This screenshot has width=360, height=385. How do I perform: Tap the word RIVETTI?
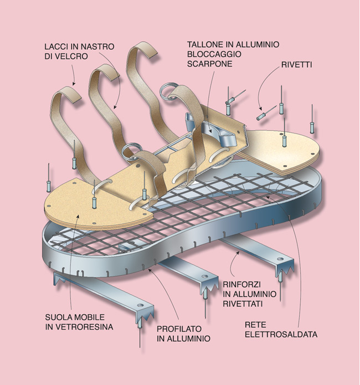tap(296, 65)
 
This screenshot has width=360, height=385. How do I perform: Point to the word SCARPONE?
tap(210, 64)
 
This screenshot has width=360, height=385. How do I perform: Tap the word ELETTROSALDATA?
tap(281, 334)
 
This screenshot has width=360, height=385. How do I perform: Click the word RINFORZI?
tap(241, 284)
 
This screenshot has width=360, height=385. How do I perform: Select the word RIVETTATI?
tap(243, 304)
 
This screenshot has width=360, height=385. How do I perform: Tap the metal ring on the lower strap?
tap(132, 150)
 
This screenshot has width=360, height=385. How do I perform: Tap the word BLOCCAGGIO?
tap(214, 54)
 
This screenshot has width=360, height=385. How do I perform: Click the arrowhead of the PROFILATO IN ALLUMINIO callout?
tap(149, 270)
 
